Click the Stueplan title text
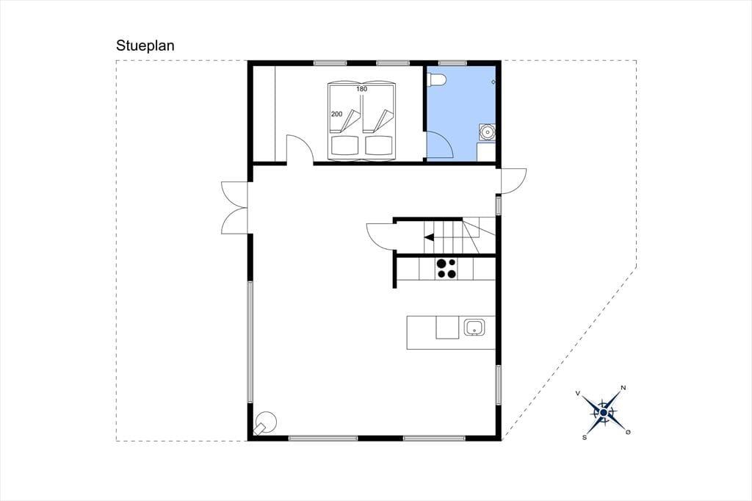[145, 46]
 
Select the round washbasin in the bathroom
[487, 131]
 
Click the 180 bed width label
[361, 89]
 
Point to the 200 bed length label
[336, 114]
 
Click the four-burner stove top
[446, 269]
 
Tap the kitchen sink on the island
[474, 328]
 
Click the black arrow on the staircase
[429, 237]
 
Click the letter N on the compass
[623, 388]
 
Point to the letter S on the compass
[584, 437]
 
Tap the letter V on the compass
[578, 394]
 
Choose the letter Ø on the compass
[629, 432]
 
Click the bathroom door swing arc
[446, 139]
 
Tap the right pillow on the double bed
[379, 145]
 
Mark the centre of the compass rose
[604, 412]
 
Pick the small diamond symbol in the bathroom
[493, 82]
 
